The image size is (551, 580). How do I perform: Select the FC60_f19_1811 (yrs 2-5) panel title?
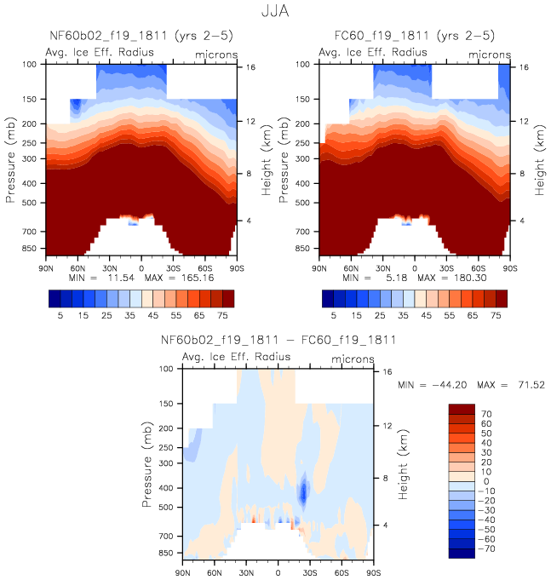[414, 37]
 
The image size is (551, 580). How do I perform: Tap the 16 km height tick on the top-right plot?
[524, 66]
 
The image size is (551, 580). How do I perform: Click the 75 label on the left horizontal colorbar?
[227, 314]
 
